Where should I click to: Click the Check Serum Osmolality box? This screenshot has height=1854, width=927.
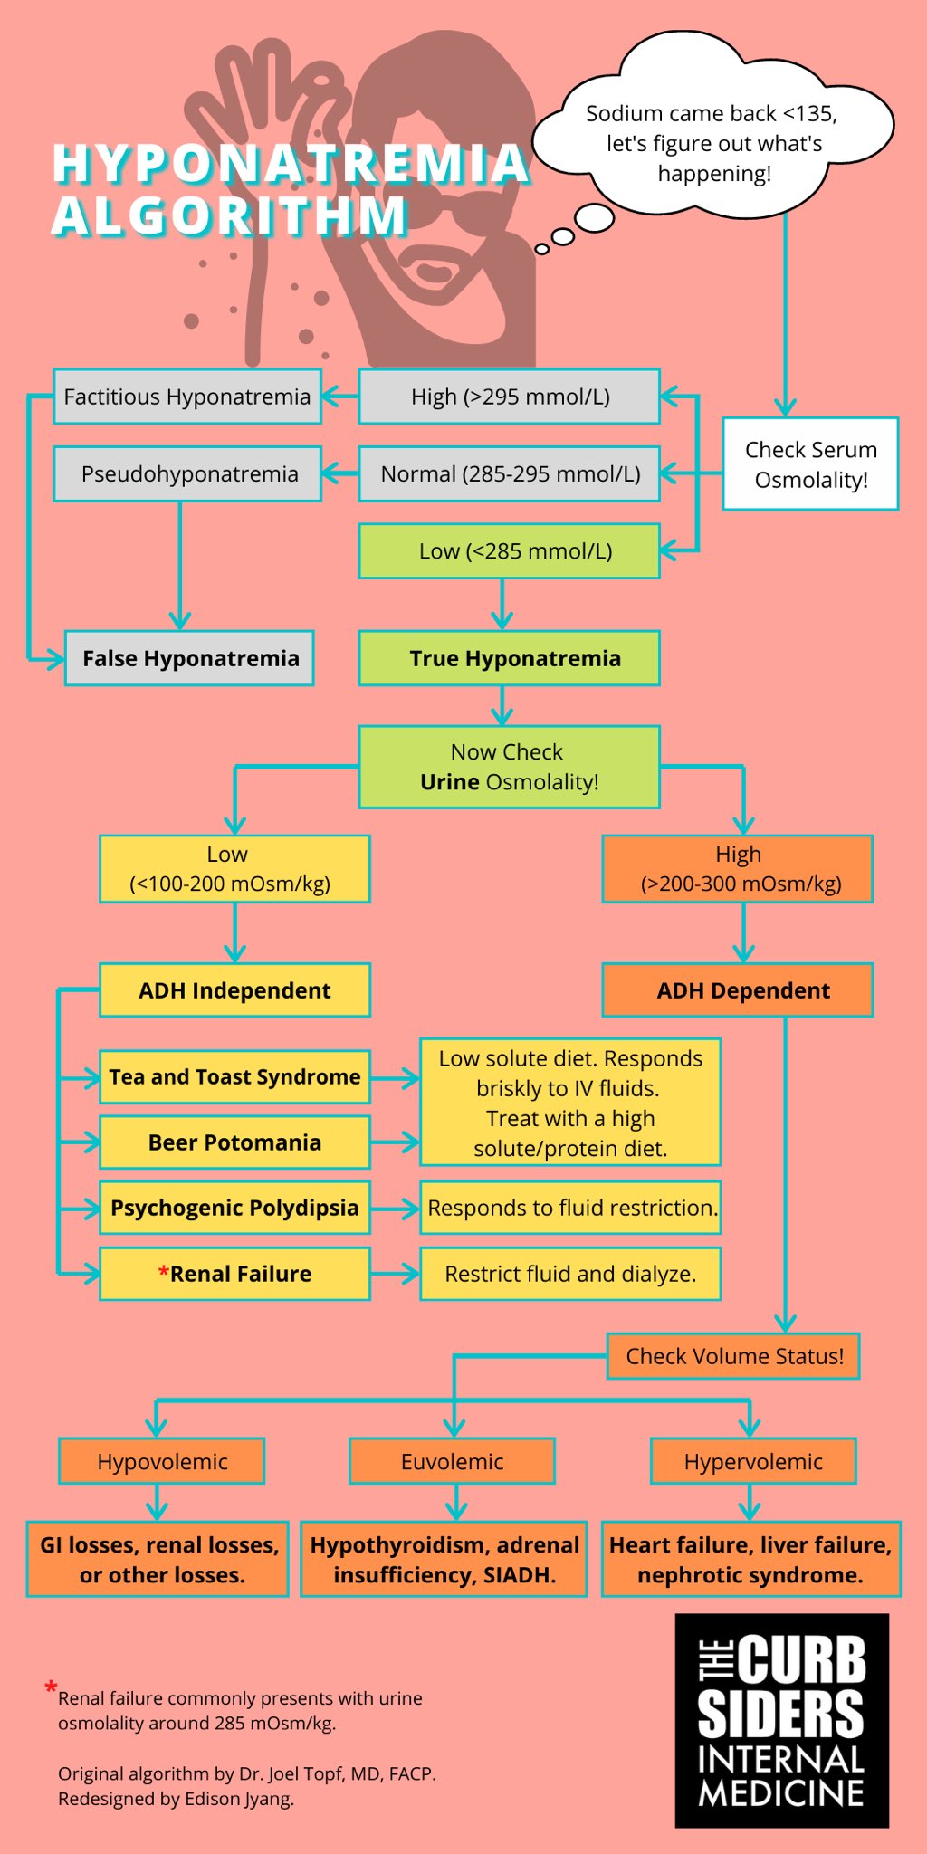tap(810, 463)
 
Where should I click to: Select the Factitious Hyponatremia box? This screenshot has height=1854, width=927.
tap(187, 397)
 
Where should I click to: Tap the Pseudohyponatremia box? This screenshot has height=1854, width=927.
tap(187, 473)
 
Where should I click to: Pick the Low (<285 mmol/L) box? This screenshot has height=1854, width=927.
tap(509, 550)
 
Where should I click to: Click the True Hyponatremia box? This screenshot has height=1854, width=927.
tap(509, 658)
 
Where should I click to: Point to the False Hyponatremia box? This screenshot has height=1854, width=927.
tap(189, 658)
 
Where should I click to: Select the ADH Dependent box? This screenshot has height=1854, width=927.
tap(738, 990)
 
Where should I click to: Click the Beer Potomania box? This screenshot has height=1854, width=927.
tap(234, 1142)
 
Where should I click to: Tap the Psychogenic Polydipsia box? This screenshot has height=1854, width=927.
tap(234, 1208)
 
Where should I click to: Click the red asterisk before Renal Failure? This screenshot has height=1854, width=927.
tap(164, 1273)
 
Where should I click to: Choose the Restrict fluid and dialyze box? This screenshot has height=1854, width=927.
tap(570, 1274)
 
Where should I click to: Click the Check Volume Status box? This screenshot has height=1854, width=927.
tap(733, 1356)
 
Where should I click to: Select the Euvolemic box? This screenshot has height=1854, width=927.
tap(452, 1461)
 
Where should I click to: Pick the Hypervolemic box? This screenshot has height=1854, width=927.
tap(753, 1461)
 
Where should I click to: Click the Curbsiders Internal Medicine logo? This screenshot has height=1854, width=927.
tap(782, 1720)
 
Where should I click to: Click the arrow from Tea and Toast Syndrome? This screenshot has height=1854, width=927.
tap(395, 1077)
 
